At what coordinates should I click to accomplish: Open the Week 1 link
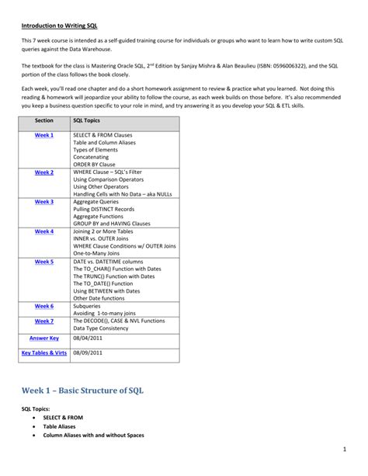(x=44, y=135)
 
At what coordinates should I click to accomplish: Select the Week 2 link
(x=44, y=172)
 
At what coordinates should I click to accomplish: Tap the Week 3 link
(x=44, y=202)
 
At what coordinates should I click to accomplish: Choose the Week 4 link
(x=44, y=231)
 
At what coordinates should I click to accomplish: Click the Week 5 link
(x=44, y=262)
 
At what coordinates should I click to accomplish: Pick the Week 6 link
(x=44, y=306)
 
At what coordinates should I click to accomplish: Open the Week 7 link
(x=44, y=321)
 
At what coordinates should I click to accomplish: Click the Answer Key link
(x=44, y=339)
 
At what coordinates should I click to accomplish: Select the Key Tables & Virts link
(x=44, y=353)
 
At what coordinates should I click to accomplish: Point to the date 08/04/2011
(x=86, y=339)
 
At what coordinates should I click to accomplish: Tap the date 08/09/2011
(x=86, y=353)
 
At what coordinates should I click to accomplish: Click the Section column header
(x=44, y=121)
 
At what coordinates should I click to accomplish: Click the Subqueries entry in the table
(x=89, y=306)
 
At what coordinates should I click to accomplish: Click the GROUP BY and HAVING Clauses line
(x=113, y=223)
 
